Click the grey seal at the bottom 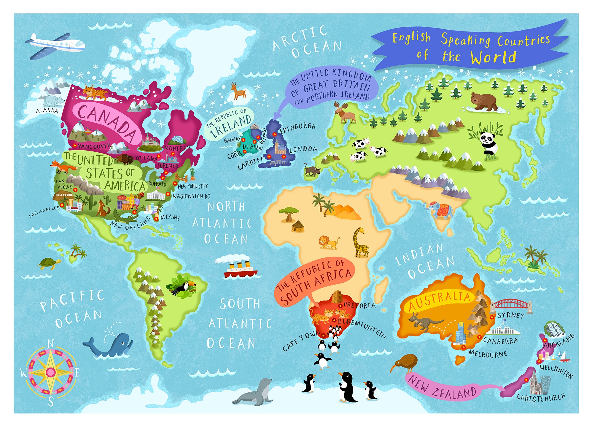tap(257, 392)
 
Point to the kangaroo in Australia tap(424, 322)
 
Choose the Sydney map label tap(511, 315)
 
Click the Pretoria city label tap(359, 305)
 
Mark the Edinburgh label tap(298, 128)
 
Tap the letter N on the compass tap(51, 344)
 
